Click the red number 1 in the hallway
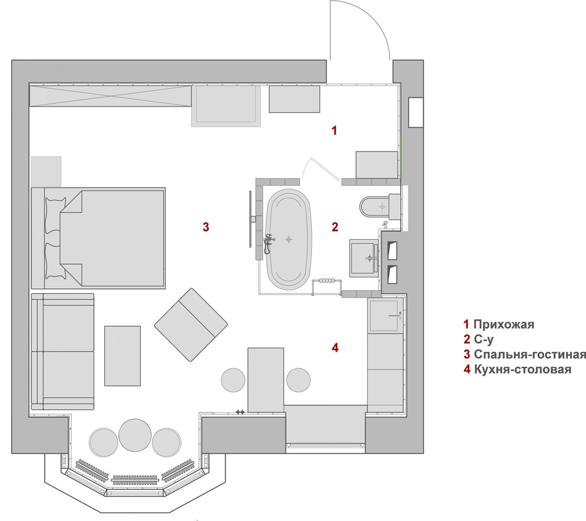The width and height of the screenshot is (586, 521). [334, 130]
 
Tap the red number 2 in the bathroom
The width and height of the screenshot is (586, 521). [334, 226]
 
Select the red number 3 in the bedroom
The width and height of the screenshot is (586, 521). [205, 226]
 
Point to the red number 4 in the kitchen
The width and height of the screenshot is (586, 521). [335, 348]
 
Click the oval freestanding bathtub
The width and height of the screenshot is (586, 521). [288, 239]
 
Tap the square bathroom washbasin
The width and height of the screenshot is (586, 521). [365, 258]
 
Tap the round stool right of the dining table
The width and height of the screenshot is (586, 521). [298, 380]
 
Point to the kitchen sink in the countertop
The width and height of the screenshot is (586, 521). [385, 316]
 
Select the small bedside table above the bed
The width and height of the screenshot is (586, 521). [46, 171]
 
